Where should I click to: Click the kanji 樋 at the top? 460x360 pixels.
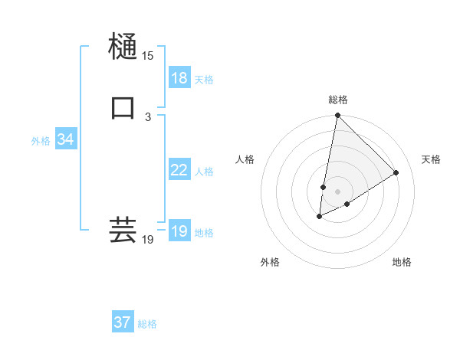[x=123, y=47]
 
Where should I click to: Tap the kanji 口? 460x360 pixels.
[x=123, y=108]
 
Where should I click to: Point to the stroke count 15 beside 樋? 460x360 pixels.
[x=147, y=56]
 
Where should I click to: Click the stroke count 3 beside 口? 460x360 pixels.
[x=147, y=117]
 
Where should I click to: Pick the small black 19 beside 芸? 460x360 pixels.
[x=147, y=240]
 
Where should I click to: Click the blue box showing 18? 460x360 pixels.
[x=179, y=78]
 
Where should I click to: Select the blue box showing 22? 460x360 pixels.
[x=179, y=170]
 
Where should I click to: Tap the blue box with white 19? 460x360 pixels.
[x=179, y=231]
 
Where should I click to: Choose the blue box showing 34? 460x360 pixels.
[x=65, y=139]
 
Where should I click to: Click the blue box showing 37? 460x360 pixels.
[x=122, y=322]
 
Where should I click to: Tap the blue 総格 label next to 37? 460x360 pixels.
[x=147, y=324]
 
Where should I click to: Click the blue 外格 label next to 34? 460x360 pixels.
[x=41, y=141]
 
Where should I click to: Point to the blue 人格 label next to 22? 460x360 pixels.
[x=204, y=172]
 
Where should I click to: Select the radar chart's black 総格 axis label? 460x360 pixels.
[x=338, y=100]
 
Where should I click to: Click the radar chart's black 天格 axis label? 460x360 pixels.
[x=431, y=159]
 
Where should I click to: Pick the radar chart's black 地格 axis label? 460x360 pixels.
[x=402, y=262]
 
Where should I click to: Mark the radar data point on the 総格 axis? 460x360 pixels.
[x=337, y=116]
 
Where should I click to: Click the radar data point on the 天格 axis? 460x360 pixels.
[x=396, y=172]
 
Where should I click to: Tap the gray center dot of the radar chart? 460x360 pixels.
[x=337, y=191]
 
